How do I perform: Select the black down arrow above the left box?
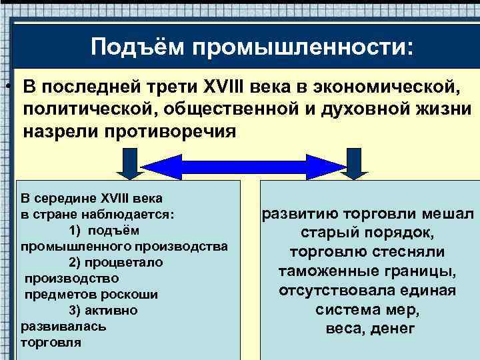129,163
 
